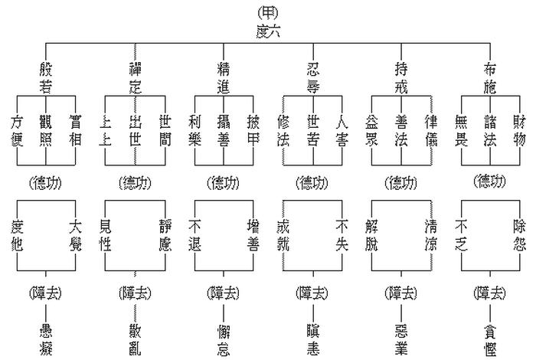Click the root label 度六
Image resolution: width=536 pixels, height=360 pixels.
click(269, 31)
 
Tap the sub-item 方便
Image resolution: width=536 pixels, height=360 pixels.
click(18, 129)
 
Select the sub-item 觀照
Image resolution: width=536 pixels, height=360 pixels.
click(47, 129)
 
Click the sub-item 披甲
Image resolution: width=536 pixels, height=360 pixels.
click(253, 129)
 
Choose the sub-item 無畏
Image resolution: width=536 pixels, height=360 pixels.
click(461, 129)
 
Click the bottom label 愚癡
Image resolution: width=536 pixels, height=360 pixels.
click(47, 338)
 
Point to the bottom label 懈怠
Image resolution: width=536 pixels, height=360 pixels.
click(224, 338)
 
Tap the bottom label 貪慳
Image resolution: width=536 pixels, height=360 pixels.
click(490, 338)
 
